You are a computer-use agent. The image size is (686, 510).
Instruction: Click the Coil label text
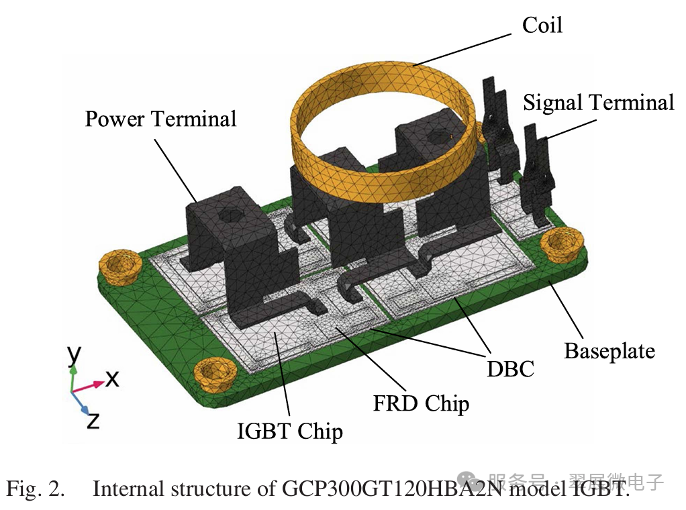(542, 25)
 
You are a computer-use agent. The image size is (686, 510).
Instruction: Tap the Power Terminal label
(160, 119)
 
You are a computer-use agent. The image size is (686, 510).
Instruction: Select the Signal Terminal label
(598, 103)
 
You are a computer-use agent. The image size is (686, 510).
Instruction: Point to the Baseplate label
(609, 350)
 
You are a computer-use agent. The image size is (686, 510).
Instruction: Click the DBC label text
(511, 368)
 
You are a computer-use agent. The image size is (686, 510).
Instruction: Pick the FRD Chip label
(421, 403)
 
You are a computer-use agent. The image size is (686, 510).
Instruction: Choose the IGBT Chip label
(290, 431)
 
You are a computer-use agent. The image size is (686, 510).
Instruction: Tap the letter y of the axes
(75, 352)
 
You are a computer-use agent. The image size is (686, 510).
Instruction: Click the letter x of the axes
(112, 378)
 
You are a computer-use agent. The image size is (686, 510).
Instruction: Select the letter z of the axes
(94, 421)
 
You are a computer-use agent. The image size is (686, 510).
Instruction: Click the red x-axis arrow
(90, 385)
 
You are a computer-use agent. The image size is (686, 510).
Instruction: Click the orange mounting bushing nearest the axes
(212, 372)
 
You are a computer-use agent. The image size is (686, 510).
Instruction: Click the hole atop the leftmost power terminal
(230, 216)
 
